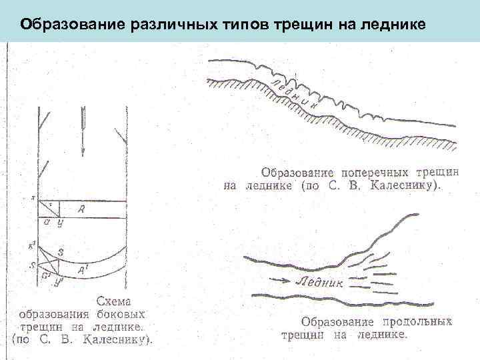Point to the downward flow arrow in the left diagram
click(x=83, y=133)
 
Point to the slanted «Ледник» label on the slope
click(x=294, y=93)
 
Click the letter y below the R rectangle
click(x=60, y=223)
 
